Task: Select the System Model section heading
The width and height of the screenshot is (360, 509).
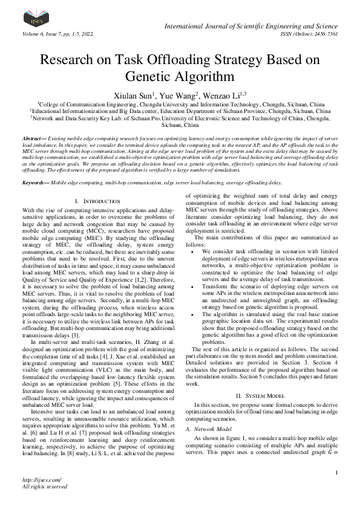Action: click(263, 394)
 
